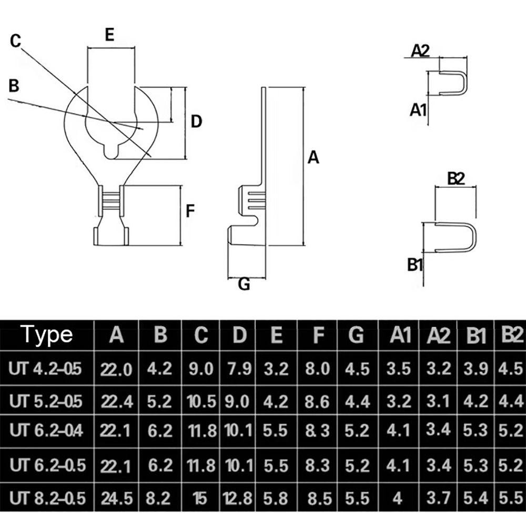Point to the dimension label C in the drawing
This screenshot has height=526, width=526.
point(16,41)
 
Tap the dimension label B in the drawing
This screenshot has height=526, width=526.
point(14,85)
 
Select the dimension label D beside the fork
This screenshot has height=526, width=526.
point(196,122)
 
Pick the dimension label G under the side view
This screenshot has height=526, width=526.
point(244,285)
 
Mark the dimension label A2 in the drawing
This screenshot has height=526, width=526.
point(420,50)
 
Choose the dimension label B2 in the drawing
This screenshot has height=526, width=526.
point(456,179)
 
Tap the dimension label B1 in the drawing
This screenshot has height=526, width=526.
point(416,265)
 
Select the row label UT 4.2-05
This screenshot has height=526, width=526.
point(45,369)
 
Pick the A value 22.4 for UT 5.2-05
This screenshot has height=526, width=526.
point(116,402)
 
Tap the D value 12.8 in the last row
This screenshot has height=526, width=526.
point(239,498)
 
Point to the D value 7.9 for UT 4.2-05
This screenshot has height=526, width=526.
point(239,369)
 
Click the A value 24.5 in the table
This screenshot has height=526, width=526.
point(116,498)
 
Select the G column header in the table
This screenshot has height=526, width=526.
point(356,335)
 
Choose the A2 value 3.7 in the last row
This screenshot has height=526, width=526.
point(439,498)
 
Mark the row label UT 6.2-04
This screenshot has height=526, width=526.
point(46,431)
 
